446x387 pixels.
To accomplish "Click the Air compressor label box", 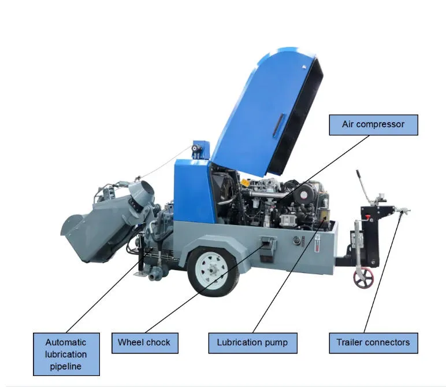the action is tap(373, 125).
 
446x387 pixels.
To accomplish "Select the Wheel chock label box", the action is tap(145, 343).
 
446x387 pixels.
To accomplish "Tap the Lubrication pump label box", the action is tap(252, 343).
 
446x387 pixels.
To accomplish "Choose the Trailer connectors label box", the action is tap(373, 343).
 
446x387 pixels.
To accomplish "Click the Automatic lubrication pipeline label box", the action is tap(66, 354).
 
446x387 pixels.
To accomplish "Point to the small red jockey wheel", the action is tap(363, 278).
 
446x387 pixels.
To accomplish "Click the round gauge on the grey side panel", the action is tap(297, 241).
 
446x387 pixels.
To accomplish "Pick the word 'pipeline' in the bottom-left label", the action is tap(66, 367).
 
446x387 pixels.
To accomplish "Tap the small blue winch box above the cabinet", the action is tap(200, 149).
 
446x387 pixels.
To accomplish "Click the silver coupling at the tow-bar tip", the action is tap(402, 211).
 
